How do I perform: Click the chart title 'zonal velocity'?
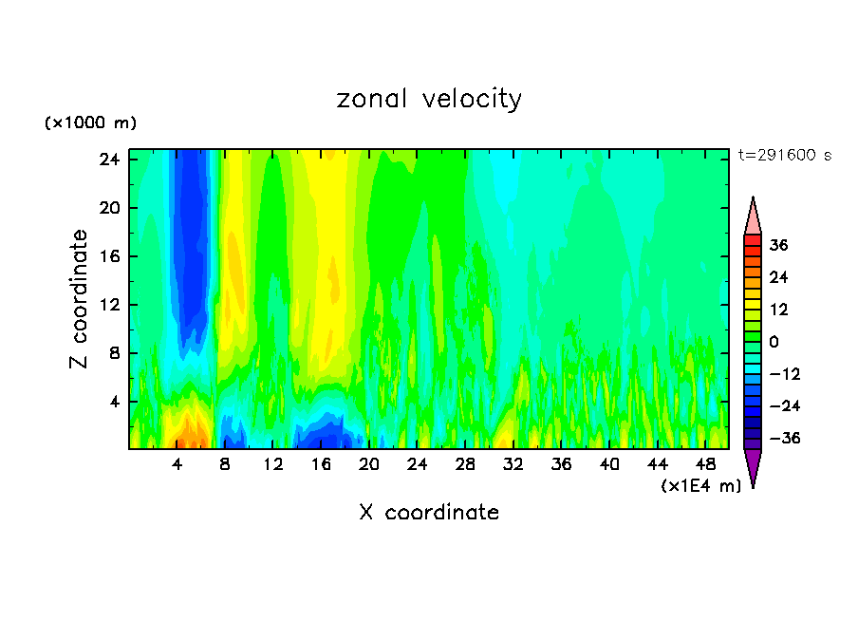[x=429, y=99]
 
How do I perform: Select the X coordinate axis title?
[x=429, y=513]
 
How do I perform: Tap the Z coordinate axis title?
[x=80, y=299]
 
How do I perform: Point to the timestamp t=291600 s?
[x=784, y=156]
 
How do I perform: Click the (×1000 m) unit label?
[x=90, y=123]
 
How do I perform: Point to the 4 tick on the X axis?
[x=177, y=465]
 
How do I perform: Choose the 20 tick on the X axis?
[x=369, y=465]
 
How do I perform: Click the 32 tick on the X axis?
[x=513, y=465]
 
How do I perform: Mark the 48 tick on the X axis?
[x=705, y=465]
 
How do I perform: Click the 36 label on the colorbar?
[x=778, y=245]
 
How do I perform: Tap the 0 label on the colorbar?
[x=774, y=342]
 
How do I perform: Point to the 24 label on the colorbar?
[x=778, y=277]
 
